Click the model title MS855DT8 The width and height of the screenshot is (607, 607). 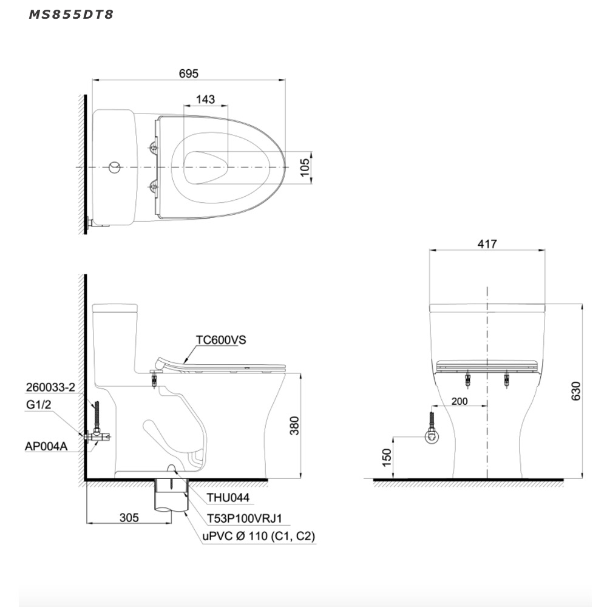point(71,15)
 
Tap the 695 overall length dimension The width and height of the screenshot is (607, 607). point(189,73)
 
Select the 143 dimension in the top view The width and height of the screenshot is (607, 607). point(205,100)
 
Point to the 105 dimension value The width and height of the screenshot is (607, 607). point(305,167)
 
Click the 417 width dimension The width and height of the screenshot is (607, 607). point(487,244)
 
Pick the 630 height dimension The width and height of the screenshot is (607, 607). point(576,391)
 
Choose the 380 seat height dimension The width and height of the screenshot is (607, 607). point(294,426)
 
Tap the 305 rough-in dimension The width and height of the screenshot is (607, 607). point(129,518)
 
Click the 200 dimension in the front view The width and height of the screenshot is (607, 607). point(459,401)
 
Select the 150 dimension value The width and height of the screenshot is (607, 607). point(387,458)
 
